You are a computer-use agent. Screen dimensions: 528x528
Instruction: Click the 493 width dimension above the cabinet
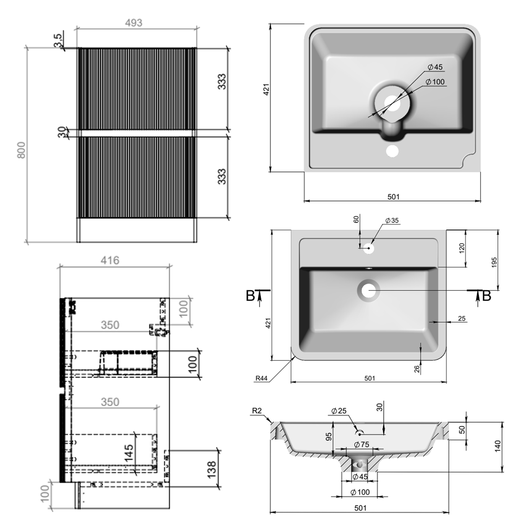134,23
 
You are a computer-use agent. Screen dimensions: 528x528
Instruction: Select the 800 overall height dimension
21,150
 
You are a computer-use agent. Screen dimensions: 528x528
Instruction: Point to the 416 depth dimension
110,260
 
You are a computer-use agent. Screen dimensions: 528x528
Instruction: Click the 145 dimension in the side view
129,453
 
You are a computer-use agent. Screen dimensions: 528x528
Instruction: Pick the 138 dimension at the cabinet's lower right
212,469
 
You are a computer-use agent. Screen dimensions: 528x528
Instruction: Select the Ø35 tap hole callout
392,221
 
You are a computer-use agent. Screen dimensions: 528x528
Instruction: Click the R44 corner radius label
261,378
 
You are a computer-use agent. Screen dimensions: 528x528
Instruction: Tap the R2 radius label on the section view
257,411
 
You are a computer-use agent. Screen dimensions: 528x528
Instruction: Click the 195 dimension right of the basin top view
494,262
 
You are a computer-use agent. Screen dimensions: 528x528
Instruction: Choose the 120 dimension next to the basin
462,248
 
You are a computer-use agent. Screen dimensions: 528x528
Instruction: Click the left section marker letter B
250,296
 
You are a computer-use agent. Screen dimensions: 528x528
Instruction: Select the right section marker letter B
486,296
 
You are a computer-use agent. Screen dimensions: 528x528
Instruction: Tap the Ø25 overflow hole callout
339,411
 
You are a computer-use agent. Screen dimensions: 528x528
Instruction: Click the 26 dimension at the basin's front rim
417,369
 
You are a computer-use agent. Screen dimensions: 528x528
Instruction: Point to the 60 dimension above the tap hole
356,219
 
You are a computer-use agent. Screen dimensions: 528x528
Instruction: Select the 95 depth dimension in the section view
328,437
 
